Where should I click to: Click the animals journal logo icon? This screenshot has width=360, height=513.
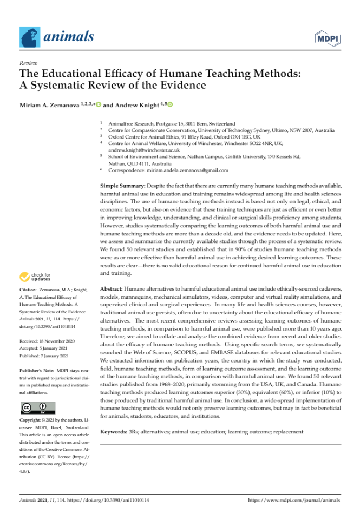[x=31, y=37]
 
